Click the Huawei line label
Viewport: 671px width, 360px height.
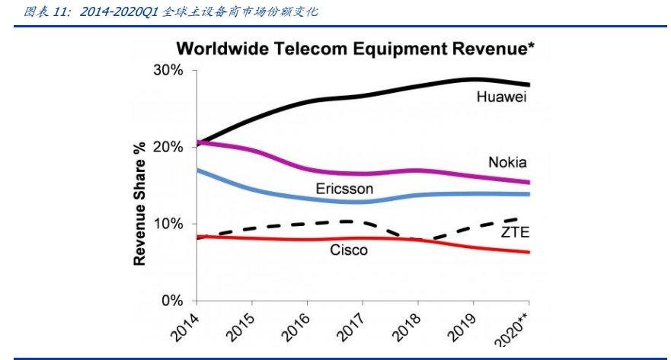point(502,97)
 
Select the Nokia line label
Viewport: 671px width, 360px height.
point(507,162)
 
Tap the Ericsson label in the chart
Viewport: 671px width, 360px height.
point(344,188)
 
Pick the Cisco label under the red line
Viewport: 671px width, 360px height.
point(348,250)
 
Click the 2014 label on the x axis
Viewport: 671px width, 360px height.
point(182,325)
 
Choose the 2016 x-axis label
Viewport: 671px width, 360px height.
point(292,325)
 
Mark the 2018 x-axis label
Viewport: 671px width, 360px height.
point(404,325)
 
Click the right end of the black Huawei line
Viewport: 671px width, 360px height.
point(529,84)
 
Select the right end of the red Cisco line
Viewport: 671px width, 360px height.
point(529,252)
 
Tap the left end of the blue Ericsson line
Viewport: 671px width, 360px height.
point(197,170)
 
